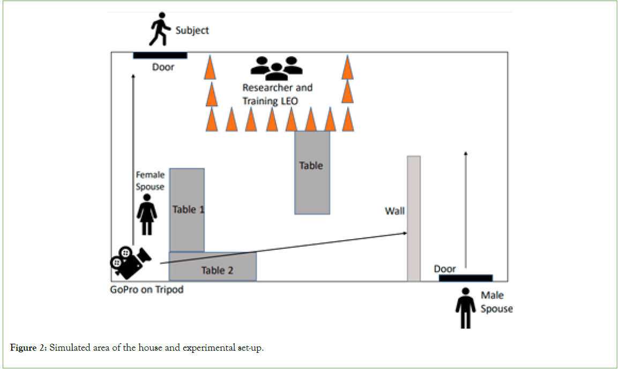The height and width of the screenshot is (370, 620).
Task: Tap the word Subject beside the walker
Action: pyautogui.click(x=192, y=31)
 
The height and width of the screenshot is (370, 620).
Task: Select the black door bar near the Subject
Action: pyautogui.click(x=160, y=55)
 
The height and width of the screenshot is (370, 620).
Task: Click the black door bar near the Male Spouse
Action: pyautogui.click(x=465, y=278)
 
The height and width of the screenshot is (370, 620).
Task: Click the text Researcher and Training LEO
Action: pyautogui.click(x=277, y=94)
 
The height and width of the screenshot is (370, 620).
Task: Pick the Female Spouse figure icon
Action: pyautogui.click(x=147, y=214)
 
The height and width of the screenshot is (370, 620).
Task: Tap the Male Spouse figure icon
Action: pyautogui.click(x=465, y=308)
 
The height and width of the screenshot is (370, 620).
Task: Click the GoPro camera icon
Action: pyautogui.click(x=130, y=262)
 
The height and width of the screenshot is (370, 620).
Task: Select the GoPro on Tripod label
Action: pyautogui.click(x=147, y=290)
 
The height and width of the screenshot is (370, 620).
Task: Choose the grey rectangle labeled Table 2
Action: pyautogui.click(x=213, y=267)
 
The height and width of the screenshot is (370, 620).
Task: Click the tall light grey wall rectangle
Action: pyautogui.click(x=414, y=218)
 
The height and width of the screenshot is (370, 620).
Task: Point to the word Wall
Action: pyautogui.click(x=395, y=211)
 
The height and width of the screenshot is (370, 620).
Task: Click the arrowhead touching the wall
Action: pyautogui.click(x=405, y=233)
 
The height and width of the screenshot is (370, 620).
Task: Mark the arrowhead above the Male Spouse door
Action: pyautogui.click(x=465, y=154)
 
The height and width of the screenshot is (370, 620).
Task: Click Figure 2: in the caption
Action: pyautogui.click(x=28, y=349)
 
